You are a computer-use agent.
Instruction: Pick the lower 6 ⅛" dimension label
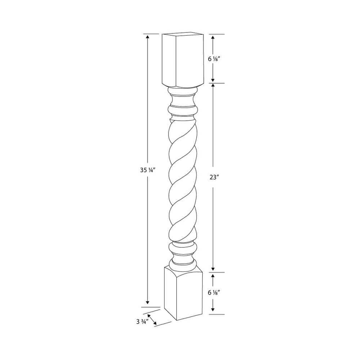(x=214, y=292)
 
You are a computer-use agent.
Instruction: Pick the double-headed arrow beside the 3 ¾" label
(x=152, y=319)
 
